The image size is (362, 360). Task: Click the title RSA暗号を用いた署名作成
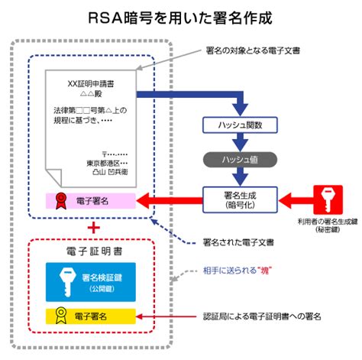point(180,18)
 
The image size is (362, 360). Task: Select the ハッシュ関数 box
point(240,125)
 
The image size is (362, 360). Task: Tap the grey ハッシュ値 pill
point(240,160)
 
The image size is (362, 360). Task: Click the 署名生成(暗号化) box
point(240,199)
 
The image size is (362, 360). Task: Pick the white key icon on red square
point(328,199)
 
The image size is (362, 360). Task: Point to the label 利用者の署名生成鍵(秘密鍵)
point(328,225)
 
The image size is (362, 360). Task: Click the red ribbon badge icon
point(61,201)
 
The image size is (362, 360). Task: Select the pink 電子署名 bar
point(91,201)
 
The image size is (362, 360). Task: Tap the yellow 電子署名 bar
point(91,316)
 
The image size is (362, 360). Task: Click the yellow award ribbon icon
point(61,316)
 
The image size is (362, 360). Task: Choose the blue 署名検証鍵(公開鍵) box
point(91,282)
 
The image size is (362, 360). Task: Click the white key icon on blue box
point(67,282)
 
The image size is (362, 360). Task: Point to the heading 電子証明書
point(95,251)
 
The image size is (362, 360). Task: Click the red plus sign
point(94,228)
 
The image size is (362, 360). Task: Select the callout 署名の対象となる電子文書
point(253,50)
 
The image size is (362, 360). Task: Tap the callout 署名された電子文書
point(238,242)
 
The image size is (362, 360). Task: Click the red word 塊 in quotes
point(265,270)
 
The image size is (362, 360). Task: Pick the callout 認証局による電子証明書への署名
point(262,316)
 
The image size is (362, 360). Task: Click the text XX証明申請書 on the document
point(91,83)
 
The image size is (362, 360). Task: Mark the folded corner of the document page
point(54,177)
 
